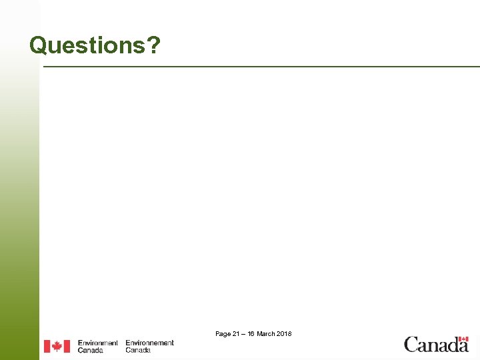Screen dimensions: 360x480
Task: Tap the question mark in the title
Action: click(154, 45)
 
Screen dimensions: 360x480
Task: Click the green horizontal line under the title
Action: click(260, 67)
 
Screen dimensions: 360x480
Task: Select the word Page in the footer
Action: click(223, 333)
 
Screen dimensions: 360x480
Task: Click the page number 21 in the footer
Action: click(236, 333)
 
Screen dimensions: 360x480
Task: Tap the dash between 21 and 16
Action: click(244, 333)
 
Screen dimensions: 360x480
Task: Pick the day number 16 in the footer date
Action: click(251, 333)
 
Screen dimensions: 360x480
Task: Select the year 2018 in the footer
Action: click(284, 333)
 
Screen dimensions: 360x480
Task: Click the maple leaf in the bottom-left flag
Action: click(57, 347)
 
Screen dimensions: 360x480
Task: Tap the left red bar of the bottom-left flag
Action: click(47, 347)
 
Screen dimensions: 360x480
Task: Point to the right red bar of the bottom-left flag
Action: click(67, 347)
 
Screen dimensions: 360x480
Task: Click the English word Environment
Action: click(97, 343)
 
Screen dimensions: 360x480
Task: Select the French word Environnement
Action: click(149, 343)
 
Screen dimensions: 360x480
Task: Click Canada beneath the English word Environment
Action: click(90, 350)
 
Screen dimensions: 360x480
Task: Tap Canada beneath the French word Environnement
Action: click(138, 350)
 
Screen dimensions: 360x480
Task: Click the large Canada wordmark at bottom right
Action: click(436, 345)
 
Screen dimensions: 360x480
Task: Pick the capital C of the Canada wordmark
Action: click(411, 345)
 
